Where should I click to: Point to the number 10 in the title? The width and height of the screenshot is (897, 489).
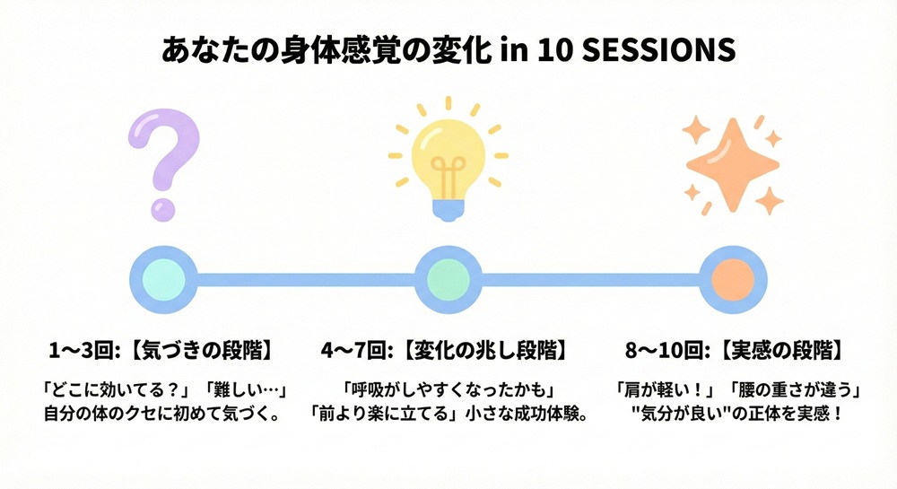click(557, 50)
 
